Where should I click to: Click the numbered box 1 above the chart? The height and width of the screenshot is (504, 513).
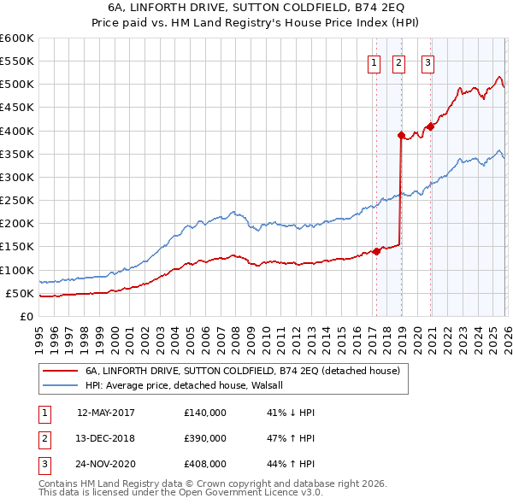(374, 61)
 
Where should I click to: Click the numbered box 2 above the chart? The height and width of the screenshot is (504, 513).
(399, 61)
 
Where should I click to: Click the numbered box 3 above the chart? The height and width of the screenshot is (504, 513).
(427, 61)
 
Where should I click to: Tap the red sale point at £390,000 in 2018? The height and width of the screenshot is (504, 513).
(400, 135)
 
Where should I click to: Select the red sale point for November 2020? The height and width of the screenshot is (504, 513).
(430, 126)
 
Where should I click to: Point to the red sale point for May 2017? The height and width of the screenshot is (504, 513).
(376, 251)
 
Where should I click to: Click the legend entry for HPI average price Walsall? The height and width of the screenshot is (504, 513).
(190, 385)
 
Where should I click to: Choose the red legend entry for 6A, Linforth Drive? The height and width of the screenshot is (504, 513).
(248, 371)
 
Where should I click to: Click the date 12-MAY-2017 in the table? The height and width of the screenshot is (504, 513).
(105, 412)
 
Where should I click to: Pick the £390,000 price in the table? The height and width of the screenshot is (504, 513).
(205, 438)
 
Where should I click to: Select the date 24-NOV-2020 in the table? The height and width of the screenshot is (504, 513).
(105, 465)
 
